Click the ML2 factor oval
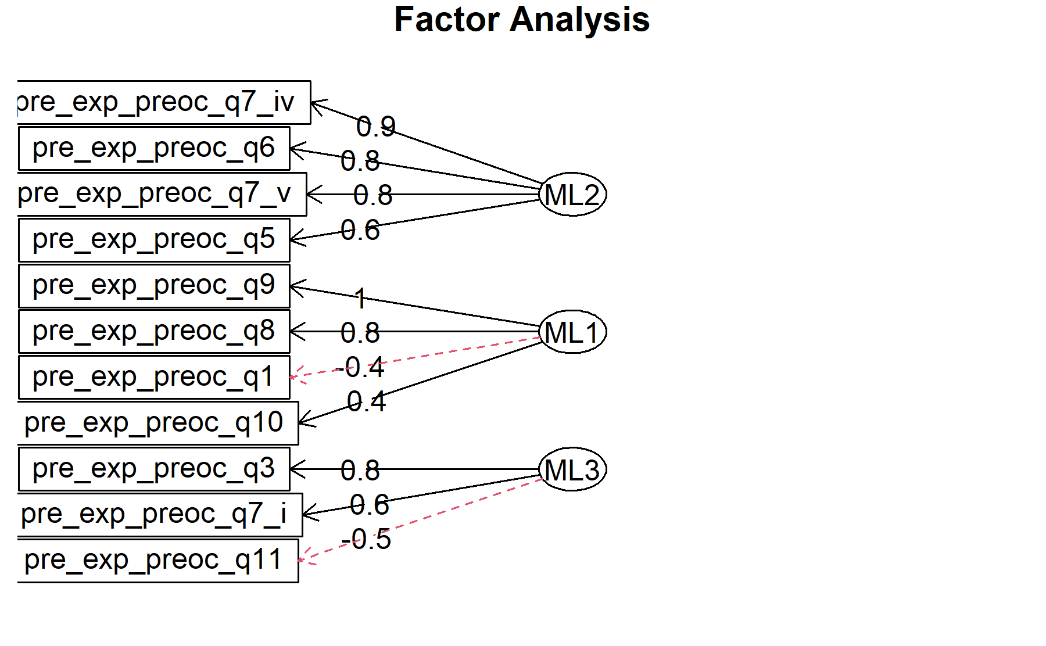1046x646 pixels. pos(572,194)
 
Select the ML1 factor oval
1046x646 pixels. pos(572,332)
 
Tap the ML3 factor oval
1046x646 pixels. pos(572,469)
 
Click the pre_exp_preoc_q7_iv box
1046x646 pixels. pos(164,102)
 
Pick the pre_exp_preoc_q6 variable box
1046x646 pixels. pos(154,148)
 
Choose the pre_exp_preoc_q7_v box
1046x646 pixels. pos(162,194)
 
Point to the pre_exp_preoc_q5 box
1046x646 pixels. pos(154,240)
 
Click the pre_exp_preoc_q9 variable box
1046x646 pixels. pos(154,286)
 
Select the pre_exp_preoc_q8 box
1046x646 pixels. pos(154,332)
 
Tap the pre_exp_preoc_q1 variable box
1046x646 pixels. pos(154,378)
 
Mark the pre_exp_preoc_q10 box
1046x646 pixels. pos(158,423)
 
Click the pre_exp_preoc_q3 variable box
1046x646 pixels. pos(154,469)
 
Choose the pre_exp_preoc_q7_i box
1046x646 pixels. pos(160,515)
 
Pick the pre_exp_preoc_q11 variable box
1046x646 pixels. pos(158,561)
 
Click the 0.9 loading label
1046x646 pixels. pos(376,127)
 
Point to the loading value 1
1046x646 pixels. pos(361,299)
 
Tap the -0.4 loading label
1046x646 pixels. pos(360,367)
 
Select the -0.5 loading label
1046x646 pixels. pos(366,540)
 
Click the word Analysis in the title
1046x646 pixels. pos(580,20)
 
